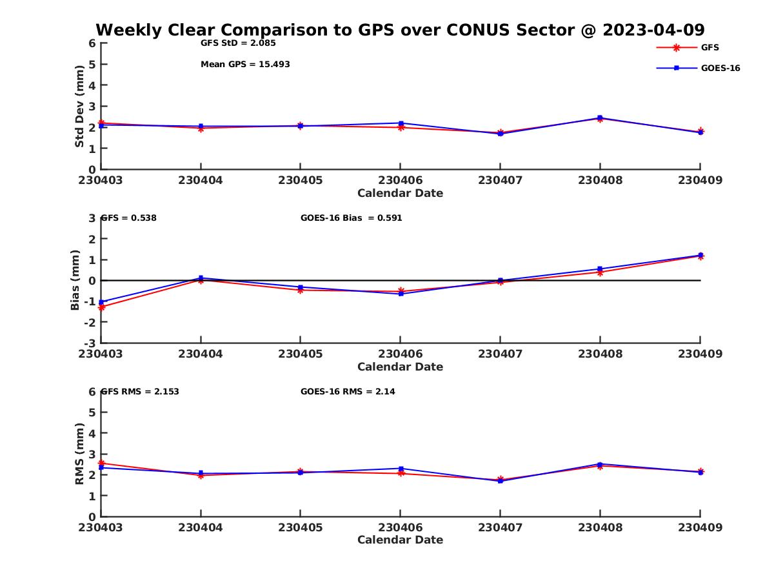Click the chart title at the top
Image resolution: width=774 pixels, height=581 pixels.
tap(400, 30)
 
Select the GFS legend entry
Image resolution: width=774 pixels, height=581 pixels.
tap(709, 47)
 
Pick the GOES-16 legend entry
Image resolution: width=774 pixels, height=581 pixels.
tap(720, 68)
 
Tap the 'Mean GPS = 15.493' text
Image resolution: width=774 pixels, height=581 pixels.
tap(245, 65)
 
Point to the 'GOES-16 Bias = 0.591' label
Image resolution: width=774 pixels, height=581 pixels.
tap(351, 218)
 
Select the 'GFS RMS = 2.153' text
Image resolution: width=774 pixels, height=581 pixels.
tap(144, 391)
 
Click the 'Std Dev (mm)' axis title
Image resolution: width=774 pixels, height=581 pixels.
tap(79, 107)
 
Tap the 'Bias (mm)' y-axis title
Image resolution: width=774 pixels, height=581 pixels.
tap(75, 280)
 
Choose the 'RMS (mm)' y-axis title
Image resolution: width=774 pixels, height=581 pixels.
tap(79, 454)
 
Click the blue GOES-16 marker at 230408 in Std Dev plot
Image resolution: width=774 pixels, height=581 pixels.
tap(600, 117)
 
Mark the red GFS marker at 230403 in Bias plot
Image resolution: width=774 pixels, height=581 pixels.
tap(102, 307)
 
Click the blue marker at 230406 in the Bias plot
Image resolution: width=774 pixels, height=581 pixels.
tap(401, 294)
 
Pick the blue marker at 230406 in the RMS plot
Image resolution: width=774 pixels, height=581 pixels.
tap(401, 469)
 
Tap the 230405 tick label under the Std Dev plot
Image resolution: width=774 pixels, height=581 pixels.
tap(300, 180)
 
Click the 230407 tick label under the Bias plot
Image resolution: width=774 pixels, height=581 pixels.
tap(500, 354)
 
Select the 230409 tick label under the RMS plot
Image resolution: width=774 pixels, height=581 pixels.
tap(700, 527)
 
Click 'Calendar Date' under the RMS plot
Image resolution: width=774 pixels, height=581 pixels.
tap(400, 540)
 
